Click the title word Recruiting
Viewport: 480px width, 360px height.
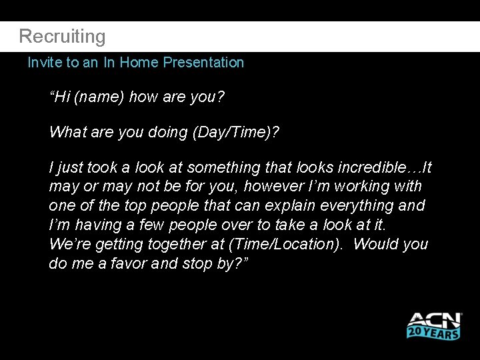point(62,36)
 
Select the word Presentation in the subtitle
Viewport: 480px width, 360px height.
point(203,63)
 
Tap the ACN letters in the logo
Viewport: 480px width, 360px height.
point(433,320)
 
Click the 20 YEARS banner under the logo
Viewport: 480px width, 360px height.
point(433,331)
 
